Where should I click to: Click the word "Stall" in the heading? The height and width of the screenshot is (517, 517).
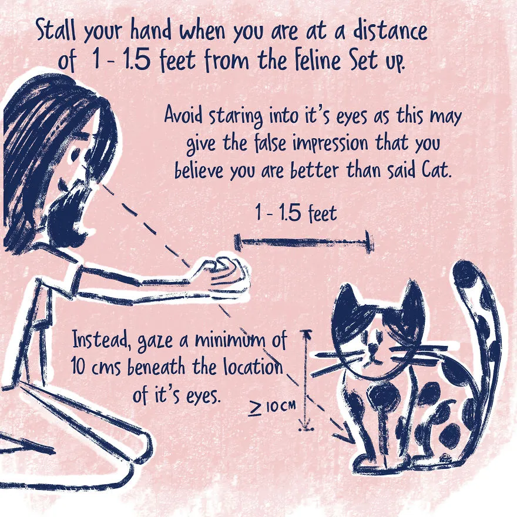[x=56, y=30]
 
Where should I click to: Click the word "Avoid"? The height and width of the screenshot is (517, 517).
[x=183, y=115]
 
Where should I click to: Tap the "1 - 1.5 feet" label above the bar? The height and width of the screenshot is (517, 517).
[x=296, y=213]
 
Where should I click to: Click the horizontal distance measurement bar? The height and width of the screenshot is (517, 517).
[x=304, y=242]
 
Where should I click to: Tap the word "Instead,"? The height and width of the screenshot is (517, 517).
[x=100, y=341]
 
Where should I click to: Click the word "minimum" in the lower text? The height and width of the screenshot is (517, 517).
[x=230, y=340]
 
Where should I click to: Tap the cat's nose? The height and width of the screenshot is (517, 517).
[x=374, y=347]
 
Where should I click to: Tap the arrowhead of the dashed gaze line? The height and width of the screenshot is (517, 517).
[x=345, y=434]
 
